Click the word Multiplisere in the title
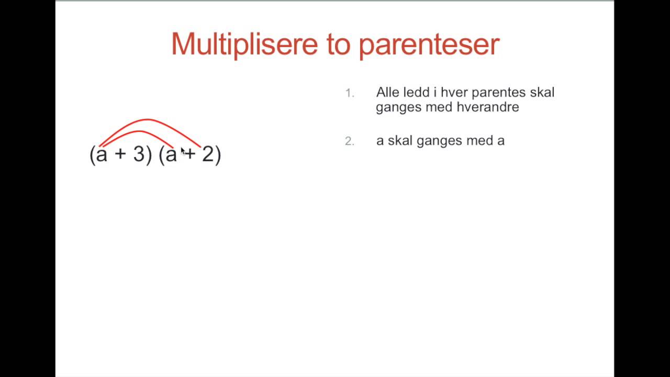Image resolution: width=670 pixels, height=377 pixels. pos(244,44)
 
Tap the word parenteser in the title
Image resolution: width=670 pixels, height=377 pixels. pos(429,45)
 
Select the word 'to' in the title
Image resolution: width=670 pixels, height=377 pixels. pos(339,45)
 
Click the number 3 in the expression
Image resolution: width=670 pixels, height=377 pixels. pos(139,154)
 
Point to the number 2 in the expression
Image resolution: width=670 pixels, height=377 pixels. pos(208,154)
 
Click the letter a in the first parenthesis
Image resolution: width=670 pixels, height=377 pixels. pos(102,155)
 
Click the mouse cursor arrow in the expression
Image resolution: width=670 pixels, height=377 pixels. pos(183,151)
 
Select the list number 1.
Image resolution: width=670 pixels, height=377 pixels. pos(349,93)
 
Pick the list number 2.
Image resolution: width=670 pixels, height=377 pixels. pos(349,141)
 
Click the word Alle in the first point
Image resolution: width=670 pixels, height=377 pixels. pos(387,93)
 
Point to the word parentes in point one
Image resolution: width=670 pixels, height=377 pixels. pos(498,93)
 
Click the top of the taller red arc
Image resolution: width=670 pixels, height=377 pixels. pos(148,120)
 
